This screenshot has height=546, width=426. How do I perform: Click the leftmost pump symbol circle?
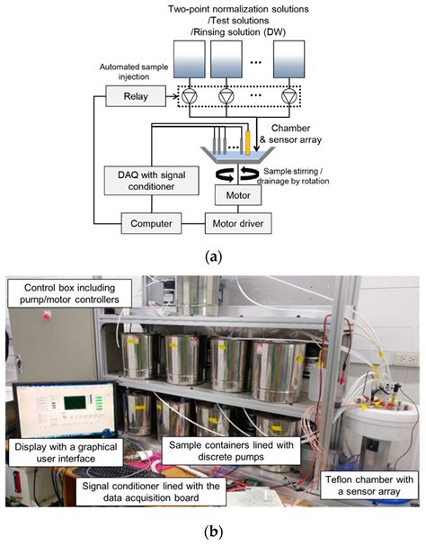click(189, 94)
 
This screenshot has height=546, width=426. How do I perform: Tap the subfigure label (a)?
click(213, 255)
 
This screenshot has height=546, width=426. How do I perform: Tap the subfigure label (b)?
click(213, 533)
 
